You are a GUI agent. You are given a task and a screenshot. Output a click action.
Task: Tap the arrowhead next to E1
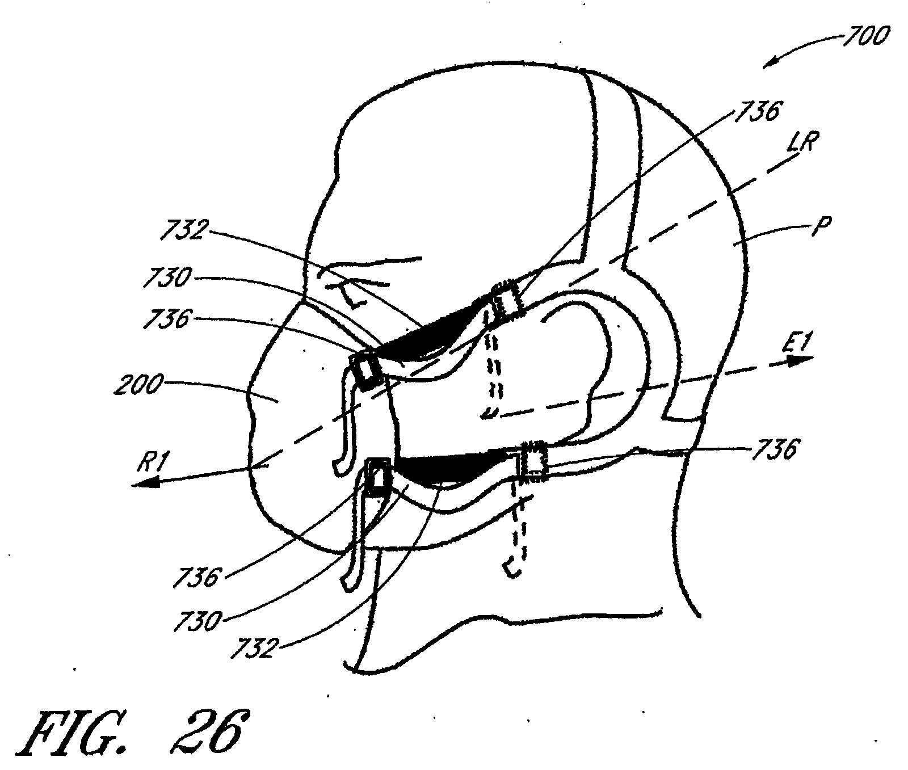800,359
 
